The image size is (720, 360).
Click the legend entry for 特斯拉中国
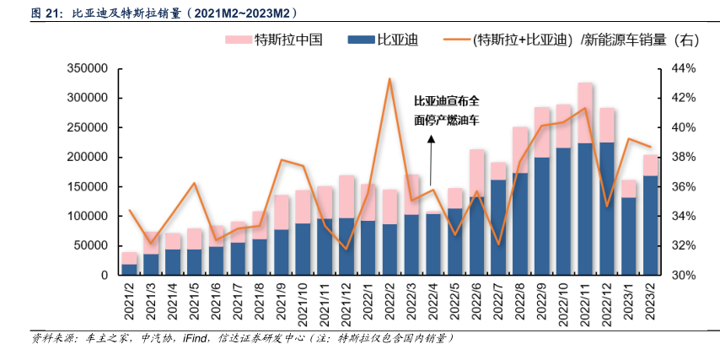pyautogui.click(x=273, y=39)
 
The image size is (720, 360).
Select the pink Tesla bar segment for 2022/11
pyautogui.click(x=584, y=113)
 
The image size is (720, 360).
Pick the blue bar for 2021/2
pyautogui.click(x=130, y=270)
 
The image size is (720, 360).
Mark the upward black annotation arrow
pyautogui.click(x=430, y=160)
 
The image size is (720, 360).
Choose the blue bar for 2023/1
pyautogui.click(x=628, y=237)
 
